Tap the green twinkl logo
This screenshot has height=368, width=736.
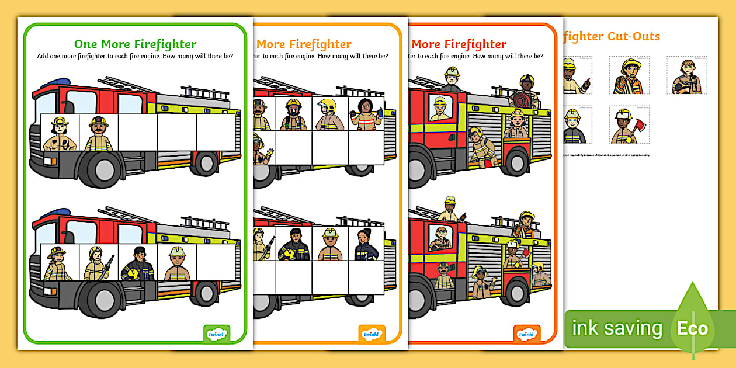point(216,334)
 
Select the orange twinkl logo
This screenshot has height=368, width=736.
point(372,334)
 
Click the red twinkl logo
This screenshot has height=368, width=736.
point(527,334)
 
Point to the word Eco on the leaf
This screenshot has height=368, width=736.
point(692,328)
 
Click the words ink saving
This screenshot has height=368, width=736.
point(617,328)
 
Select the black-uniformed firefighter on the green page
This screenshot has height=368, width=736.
point(137,263)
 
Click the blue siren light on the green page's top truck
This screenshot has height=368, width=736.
point(46,83)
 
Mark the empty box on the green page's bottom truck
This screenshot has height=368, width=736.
point(216,262)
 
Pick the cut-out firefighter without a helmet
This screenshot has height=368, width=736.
point(686,77)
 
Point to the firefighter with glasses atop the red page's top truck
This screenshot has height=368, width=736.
point(452,79)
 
